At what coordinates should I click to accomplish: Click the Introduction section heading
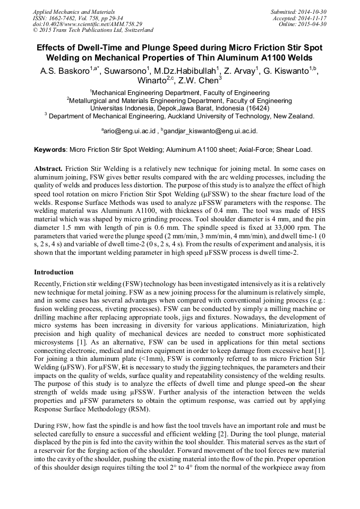click(54, 272)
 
